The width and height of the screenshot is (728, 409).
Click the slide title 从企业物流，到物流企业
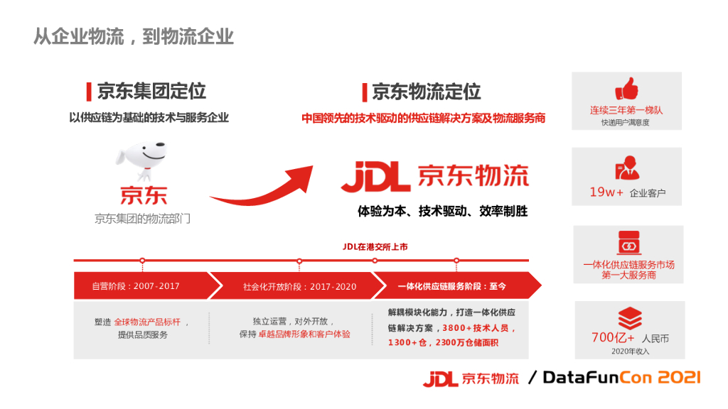coord(134,36)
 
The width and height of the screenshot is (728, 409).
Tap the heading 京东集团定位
coord(151,91)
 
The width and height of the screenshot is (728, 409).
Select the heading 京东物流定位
coord(426,92)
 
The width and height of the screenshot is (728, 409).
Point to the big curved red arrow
coord(263,188)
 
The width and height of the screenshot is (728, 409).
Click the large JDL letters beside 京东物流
coord(375,176)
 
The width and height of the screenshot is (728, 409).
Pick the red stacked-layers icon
coord(629,317)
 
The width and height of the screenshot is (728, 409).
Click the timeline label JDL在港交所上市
coord(375,247)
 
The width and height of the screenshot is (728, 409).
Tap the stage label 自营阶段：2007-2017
coord(136,286)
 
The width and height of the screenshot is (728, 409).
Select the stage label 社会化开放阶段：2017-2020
coord(299,287)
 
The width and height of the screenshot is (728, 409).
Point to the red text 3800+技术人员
coord(478,329)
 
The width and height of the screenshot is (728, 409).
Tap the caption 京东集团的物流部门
coord(142,219)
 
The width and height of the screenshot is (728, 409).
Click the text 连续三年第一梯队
coord(626,111)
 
